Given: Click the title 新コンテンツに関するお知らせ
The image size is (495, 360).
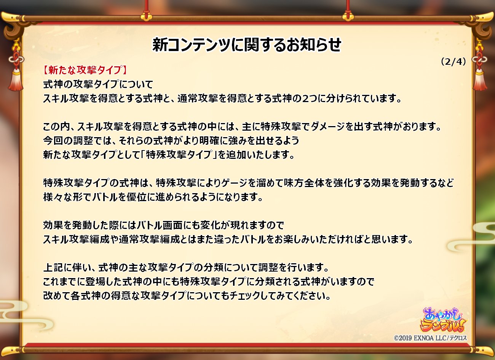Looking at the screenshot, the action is [247, 45].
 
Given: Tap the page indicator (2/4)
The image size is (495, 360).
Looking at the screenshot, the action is [453, 62].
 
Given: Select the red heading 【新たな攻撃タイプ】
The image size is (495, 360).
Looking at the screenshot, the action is [85, 70].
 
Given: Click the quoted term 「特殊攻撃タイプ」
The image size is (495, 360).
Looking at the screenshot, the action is [179, 155].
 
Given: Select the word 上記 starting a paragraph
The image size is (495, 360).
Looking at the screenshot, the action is [53, 267].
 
